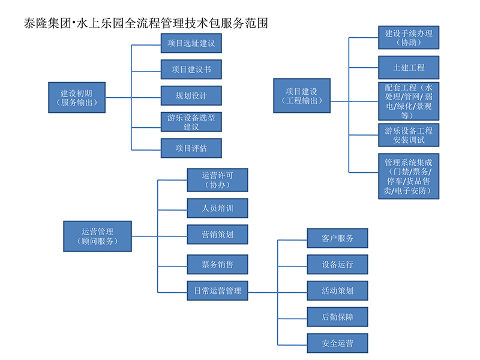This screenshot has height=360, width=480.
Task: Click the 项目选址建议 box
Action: point(191,43)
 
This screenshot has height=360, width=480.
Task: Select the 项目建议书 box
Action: point(191,69)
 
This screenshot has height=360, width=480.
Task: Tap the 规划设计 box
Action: point(191,96)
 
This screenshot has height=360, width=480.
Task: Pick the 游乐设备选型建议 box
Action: point(191,122)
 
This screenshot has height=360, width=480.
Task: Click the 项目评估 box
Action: point(191,148)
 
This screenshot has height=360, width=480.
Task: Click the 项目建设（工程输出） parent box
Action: point(301,95)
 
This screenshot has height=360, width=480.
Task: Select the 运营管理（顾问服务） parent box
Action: point(97,236)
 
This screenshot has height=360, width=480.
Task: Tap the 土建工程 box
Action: point(409,67)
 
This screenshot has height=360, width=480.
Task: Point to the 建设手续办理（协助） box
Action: point(409,38)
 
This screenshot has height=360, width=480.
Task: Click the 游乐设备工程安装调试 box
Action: point(409,135)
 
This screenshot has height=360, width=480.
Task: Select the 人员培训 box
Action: point(217,208)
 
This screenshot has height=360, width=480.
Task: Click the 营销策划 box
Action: point(217,235)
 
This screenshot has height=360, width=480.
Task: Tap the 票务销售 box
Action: point(217,264)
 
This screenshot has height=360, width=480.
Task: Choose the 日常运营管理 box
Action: point(217,290)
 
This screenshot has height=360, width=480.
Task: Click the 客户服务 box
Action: point(337,238)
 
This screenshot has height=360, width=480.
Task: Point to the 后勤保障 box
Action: point(337,316)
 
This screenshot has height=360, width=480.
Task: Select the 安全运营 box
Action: point(337,343)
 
